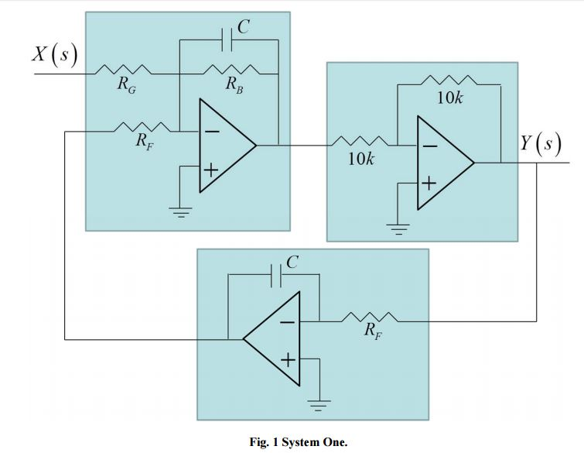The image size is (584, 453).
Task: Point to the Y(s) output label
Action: [x=547, y=145]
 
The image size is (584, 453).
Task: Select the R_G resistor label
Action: [x=127, y=85]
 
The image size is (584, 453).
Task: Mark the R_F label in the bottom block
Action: [x=374, y=334]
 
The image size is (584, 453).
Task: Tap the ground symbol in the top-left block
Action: [x=179, y=211]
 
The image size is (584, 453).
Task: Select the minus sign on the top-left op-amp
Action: [x=210, y=133]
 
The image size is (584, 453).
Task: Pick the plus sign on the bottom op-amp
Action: [x=288, y=359]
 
